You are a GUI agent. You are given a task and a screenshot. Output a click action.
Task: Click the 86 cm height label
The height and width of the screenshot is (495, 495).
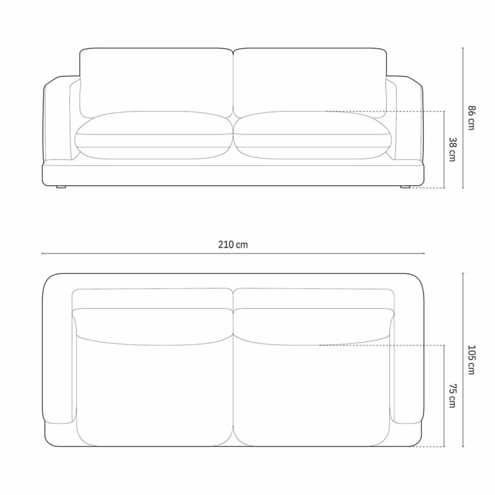[472, 118]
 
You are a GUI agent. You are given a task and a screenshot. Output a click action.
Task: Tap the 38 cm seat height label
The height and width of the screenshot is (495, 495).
[452, 150]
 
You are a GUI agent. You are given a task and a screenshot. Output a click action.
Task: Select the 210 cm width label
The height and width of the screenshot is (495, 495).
[233, 244]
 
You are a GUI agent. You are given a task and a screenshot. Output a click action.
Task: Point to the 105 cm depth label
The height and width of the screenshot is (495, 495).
[472, 360]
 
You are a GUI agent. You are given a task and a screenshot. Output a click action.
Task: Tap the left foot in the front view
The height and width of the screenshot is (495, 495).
[61, 187]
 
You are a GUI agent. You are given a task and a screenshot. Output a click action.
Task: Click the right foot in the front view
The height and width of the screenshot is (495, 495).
[405, 187]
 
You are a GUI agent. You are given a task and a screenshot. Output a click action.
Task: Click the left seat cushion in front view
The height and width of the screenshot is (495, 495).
[154, 135]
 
